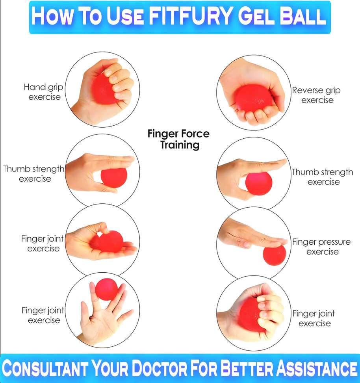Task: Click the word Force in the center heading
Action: [x=195, y=134]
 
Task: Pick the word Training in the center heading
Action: [x=180, y=145]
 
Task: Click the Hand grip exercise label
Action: [x=43, y=92]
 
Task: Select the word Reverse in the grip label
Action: [x=307, y=90]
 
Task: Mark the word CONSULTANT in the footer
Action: [x=45, y=368]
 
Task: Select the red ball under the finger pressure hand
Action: [x=274, y=255]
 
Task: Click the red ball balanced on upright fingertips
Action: [x=106, y=289]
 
